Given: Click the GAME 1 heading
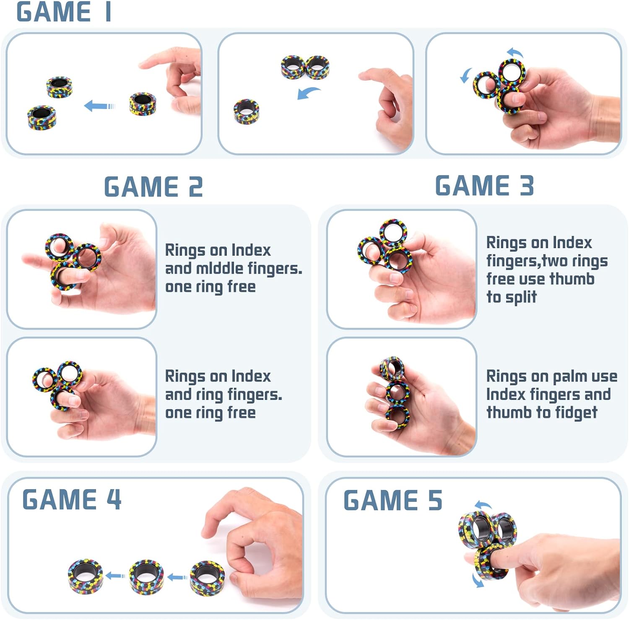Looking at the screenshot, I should (x=64, y=12).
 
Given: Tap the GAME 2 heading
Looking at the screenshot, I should (x=153, y=187).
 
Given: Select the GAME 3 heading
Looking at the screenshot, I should (x=484, y=185).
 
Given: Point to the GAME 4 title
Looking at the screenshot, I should (x=72, y=499).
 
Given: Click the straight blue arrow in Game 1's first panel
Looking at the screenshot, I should (x=99, y=106).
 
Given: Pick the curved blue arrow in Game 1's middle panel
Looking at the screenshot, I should (x=308, y=93).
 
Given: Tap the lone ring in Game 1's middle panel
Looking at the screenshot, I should (x=246, y=112).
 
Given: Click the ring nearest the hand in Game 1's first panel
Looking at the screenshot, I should (x=143, y=104).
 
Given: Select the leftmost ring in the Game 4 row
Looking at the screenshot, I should (x=86, y=576).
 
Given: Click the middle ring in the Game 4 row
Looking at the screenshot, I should (x=146, y=576).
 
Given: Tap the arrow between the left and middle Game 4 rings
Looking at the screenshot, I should (x=115, y=576).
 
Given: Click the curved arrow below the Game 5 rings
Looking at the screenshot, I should (x=478, y=580).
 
